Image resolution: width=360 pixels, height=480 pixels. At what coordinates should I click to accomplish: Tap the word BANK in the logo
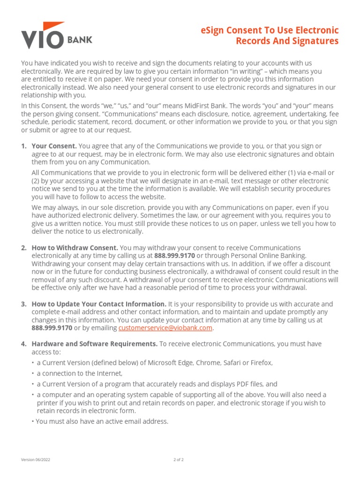click(x=81, y=40)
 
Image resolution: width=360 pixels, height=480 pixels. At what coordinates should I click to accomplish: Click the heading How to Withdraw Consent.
click(x=75, y=247)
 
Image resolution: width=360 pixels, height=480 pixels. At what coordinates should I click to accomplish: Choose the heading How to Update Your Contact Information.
click(x=98, y=304)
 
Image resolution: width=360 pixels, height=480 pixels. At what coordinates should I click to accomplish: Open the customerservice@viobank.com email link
click(x=165, y=328)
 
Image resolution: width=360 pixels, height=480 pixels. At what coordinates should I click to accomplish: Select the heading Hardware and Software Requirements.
click(x=94, y=344)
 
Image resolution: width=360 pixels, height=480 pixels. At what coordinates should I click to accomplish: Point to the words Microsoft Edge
click(x=169, y=363)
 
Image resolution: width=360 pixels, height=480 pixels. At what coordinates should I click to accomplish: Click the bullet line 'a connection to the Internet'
click(x=80, y=374)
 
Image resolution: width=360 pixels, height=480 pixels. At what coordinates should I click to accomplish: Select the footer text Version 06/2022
click(x=36, y=460)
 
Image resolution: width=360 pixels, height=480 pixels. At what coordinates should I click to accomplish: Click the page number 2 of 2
click(x=179, y=460)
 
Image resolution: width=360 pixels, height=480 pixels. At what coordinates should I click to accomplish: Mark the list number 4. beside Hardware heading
click(x=23, y=344)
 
